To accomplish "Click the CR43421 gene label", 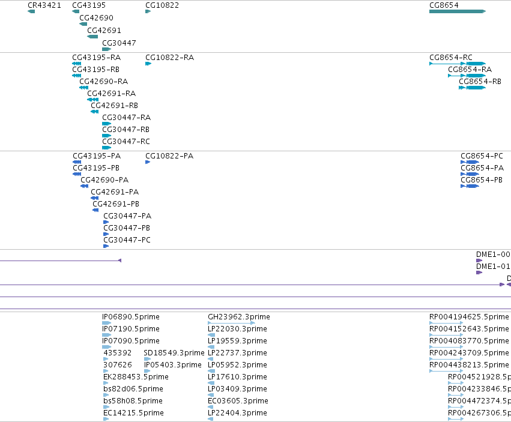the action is pyautogui.click(x=44, y=5).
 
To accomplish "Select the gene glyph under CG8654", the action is pyautogui.click(x=458, y=11).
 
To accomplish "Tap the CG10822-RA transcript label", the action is pyautogui.click(x=169, y=58).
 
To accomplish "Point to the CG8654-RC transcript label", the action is pyautogui.click(x=451, y=58).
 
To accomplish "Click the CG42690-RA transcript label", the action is pyautogui.click(x=104, y=82).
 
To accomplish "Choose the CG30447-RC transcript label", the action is pyautogui.click(x=126, y=142).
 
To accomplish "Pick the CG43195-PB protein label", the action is pyautogui.click(x=96, y=168).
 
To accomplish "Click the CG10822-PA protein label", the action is pyautogui.click(x=169, y=155).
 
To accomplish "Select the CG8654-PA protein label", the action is pyautogui.click(x=482, y=168).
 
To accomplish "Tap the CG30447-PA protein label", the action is pyautogui.click(x=127, y=216).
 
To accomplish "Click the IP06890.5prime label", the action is pyautogui.click(x=131, y=317).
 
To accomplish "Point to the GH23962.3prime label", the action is pyautogui.click(x=239, y=317).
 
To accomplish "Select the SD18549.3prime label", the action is pyautogui.click(x=174, y=353).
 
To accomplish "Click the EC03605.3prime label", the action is pyautogui.click(x=238, y=401).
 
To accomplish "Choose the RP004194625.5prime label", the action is pyautogui.click(x=469, y=317).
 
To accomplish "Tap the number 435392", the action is pyautogui.click(x=117, y=353).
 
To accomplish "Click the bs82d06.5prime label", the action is pyautogui.click(x=133, y=389).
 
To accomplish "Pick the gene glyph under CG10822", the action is pyautogui.click(x=148, y=11).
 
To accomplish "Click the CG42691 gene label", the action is pyautogui.click(x=104, y=30).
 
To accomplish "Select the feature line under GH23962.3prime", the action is pyautogui.click(x=231, y=323).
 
